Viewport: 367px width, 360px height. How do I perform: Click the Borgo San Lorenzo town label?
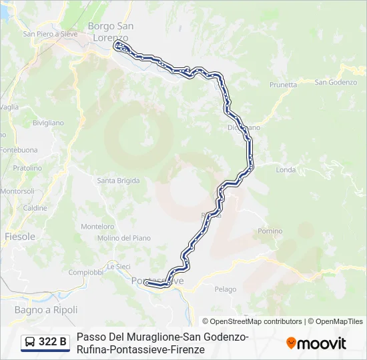pos(111,31)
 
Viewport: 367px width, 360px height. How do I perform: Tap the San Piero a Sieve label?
pos(50,34)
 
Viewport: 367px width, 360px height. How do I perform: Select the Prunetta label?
pos(283,85)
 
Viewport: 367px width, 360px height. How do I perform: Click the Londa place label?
pos(285,170)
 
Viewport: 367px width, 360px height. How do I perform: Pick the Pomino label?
pos(270,231)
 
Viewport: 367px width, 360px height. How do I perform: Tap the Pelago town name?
pos(226,289)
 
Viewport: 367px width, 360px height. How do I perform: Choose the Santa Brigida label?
pos(118,181)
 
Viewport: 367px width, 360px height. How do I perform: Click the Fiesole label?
pos(20,237)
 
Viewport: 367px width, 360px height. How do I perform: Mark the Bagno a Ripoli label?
pos(46,310)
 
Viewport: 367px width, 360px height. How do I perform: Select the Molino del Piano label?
pos(123,238)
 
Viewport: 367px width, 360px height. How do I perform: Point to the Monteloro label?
pos(97,226)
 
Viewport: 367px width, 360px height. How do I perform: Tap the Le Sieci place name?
pos(118,265)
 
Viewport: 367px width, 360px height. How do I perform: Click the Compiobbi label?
pos(85,272)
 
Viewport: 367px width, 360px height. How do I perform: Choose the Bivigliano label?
pos(48,123)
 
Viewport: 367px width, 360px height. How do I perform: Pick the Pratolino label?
pos(27,168)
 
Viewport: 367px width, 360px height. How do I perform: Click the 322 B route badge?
pos(45,342)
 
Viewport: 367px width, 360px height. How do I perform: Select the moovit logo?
pos(316,343)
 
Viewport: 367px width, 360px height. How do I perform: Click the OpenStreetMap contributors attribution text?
pos(252,321)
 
